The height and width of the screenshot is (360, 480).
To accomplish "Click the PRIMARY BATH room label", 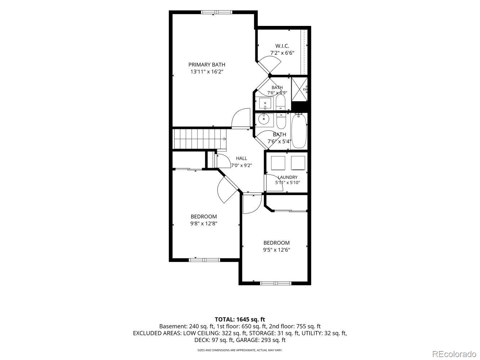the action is pos(207,65).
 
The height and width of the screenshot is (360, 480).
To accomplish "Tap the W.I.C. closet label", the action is pos(282,46).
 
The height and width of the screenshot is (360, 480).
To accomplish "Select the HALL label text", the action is pos(241,158).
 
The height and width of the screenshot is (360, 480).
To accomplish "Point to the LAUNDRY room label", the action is pos(288,177).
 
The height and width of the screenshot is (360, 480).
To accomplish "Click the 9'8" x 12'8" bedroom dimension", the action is pos(204,224).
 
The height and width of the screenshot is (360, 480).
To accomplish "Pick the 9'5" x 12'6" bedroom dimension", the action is pos(277,249).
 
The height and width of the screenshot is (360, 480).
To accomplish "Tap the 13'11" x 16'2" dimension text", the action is pos(207,72).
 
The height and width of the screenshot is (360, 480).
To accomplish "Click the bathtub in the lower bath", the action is pos(299,131).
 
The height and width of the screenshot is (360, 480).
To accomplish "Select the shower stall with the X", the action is pos(299,89).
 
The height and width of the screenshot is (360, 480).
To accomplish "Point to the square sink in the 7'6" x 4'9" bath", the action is pos(265,103).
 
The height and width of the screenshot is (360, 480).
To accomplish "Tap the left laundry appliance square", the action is pos(278,163).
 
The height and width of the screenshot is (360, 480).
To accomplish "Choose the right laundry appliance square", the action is pos(298,163).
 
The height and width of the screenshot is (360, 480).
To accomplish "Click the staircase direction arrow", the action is pos(225,139).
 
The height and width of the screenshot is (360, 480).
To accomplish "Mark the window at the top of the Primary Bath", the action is pos(216,12).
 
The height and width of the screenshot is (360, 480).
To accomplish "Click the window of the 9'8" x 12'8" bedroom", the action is pos(205,260).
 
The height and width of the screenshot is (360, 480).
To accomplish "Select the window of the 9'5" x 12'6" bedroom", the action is pos(275,283).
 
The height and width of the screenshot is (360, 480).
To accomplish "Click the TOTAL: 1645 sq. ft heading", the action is pos(240,320).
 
